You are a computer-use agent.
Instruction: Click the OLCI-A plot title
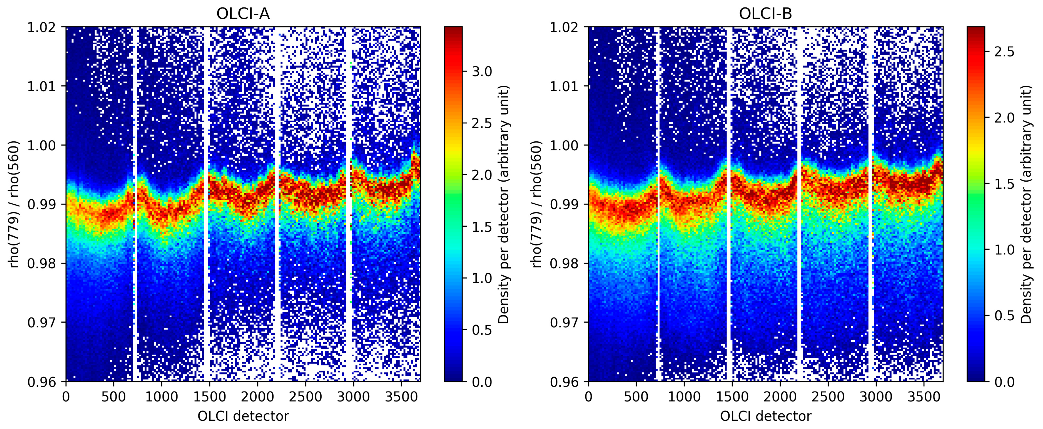[x=243, y=14]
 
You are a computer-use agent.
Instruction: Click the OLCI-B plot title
[x=765, y=14]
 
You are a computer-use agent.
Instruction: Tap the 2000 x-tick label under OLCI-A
[x=257, y=397]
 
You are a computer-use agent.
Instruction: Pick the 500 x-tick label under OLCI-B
[x=636, y=397]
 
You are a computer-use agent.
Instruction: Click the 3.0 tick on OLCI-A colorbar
[x=482, y=72]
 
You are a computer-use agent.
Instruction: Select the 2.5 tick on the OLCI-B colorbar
[x=1004, y=52]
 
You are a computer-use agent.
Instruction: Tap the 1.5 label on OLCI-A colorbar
[x=482, y=227]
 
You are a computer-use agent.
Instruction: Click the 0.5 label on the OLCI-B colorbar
[x=1004, y=316]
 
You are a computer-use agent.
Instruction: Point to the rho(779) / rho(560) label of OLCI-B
[x=537, y=204]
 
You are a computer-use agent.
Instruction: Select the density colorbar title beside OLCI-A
[x=503, y=204]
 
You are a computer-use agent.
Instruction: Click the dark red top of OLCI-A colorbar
[x=453, y=29]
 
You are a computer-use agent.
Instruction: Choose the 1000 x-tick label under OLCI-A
[x=162, y=397]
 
